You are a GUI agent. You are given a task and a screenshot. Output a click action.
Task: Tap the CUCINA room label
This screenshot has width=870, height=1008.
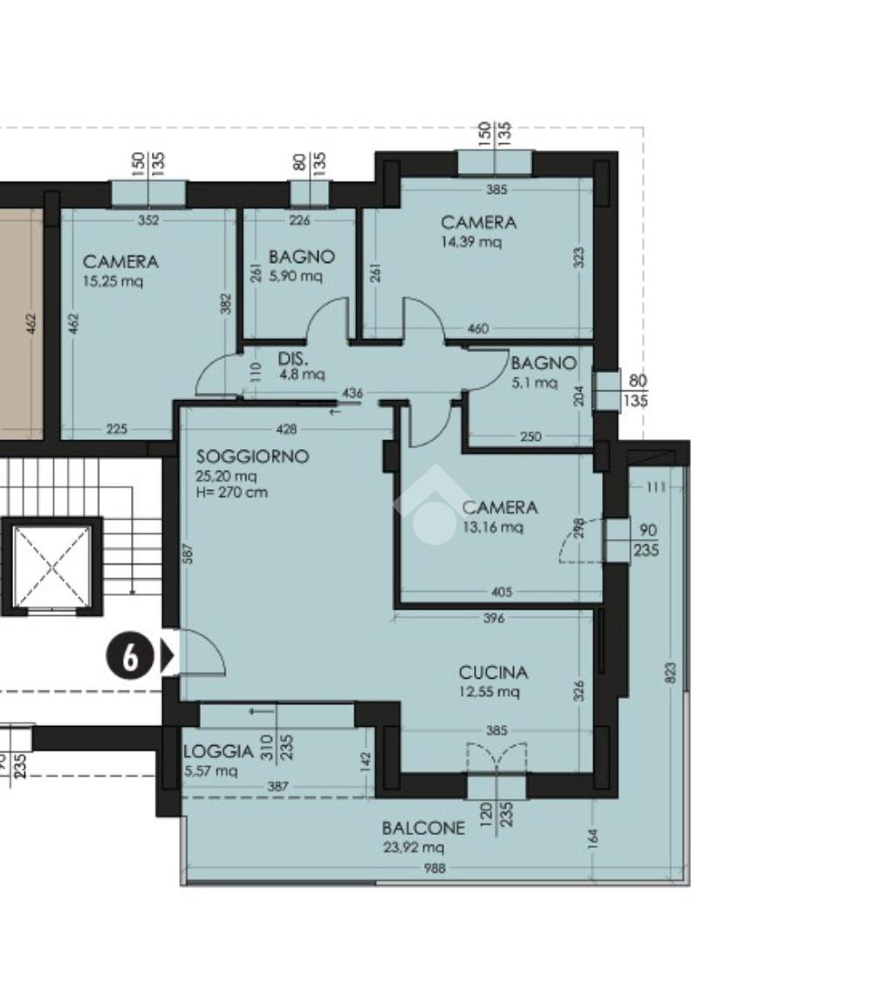pyautogui.click(x=493, y=673)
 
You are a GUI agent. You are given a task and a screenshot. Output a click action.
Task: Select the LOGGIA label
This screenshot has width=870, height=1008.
pyautogui.click(x=218, y=751)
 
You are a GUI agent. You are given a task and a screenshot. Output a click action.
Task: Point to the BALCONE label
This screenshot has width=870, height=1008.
pyautogui.click(x=423, y=828)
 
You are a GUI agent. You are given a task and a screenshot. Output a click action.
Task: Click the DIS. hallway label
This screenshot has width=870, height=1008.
pyautogui.click(x=293, y=359)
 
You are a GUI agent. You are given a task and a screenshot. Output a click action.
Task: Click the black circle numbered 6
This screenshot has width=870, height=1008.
pyautogui.click(x=130, y=657)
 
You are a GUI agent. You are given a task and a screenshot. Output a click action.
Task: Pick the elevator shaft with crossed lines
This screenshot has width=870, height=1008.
pyautogui.click(x=51, y=566)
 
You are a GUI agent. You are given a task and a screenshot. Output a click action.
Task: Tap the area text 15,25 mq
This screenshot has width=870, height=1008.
pyautogui.click(x=113, y=281)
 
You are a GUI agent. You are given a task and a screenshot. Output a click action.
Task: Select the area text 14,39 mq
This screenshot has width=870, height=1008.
pyautogui.click(x=471, y=242)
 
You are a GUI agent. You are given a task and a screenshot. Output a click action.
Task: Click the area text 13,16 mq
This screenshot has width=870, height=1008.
pyautogui.click(x=492, y=527)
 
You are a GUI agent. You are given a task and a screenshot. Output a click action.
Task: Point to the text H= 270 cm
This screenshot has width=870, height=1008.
pyautogui.click(x=232, y=493)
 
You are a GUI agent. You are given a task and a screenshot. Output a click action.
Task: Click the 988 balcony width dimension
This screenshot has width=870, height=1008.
pyautogui.click(x=435, y=868)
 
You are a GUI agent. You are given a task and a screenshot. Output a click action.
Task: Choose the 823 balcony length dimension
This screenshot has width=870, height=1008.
pyautogui.click(x=672, y=673)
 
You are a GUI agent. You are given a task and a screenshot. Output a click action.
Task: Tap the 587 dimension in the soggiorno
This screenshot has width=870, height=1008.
pyautogui.click(x=188, y=554)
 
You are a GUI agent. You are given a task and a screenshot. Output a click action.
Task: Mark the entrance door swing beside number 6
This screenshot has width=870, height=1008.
pyautogui.click(x=203, y=652)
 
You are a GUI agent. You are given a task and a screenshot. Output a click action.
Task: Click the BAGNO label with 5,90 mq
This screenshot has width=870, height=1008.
pyautogui.click(x=302, y=257)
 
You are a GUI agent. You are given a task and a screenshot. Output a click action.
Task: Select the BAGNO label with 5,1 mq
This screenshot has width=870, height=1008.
pyautogui.click(x=543, y=363)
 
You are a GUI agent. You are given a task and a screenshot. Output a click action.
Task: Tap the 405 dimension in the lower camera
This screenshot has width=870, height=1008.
pyautogui.click(x=502, y=592)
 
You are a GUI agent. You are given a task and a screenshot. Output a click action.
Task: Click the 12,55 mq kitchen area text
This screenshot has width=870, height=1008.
pyautogui.click(x=489, y=692)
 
